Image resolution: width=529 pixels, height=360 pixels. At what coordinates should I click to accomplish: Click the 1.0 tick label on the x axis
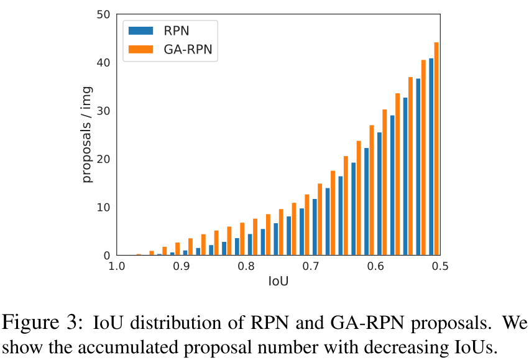pyautogui.click(x=116, y=266)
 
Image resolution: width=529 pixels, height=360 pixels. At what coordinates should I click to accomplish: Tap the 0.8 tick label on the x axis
pyautogui.click(x=246, y=266)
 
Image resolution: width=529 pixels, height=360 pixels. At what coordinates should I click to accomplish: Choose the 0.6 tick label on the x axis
pyautogui.click(x=375, y=266)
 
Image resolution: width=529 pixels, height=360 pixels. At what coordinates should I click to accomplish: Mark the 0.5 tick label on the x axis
pyautogui.click(x=440, y=266)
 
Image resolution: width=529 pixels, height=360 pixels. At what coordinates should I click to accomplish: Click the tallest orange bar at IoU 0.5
pyautogui.click(x=436, y=149)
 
